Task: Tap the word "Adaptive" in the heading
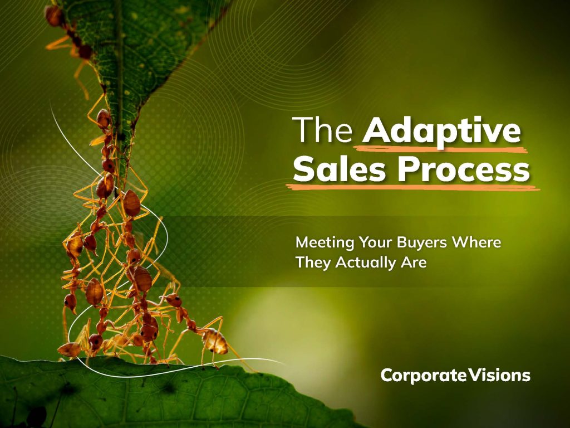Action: coord(441,132)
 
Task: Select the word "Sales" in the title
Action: coord(339,169)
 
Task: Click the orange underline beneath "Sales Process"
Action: coord(412,187)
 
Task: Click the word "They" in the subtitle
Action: coord(312,263)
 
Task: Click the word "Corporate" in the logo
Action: coord(424,375)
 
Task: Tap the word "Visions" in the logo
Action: coord(499,375)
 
